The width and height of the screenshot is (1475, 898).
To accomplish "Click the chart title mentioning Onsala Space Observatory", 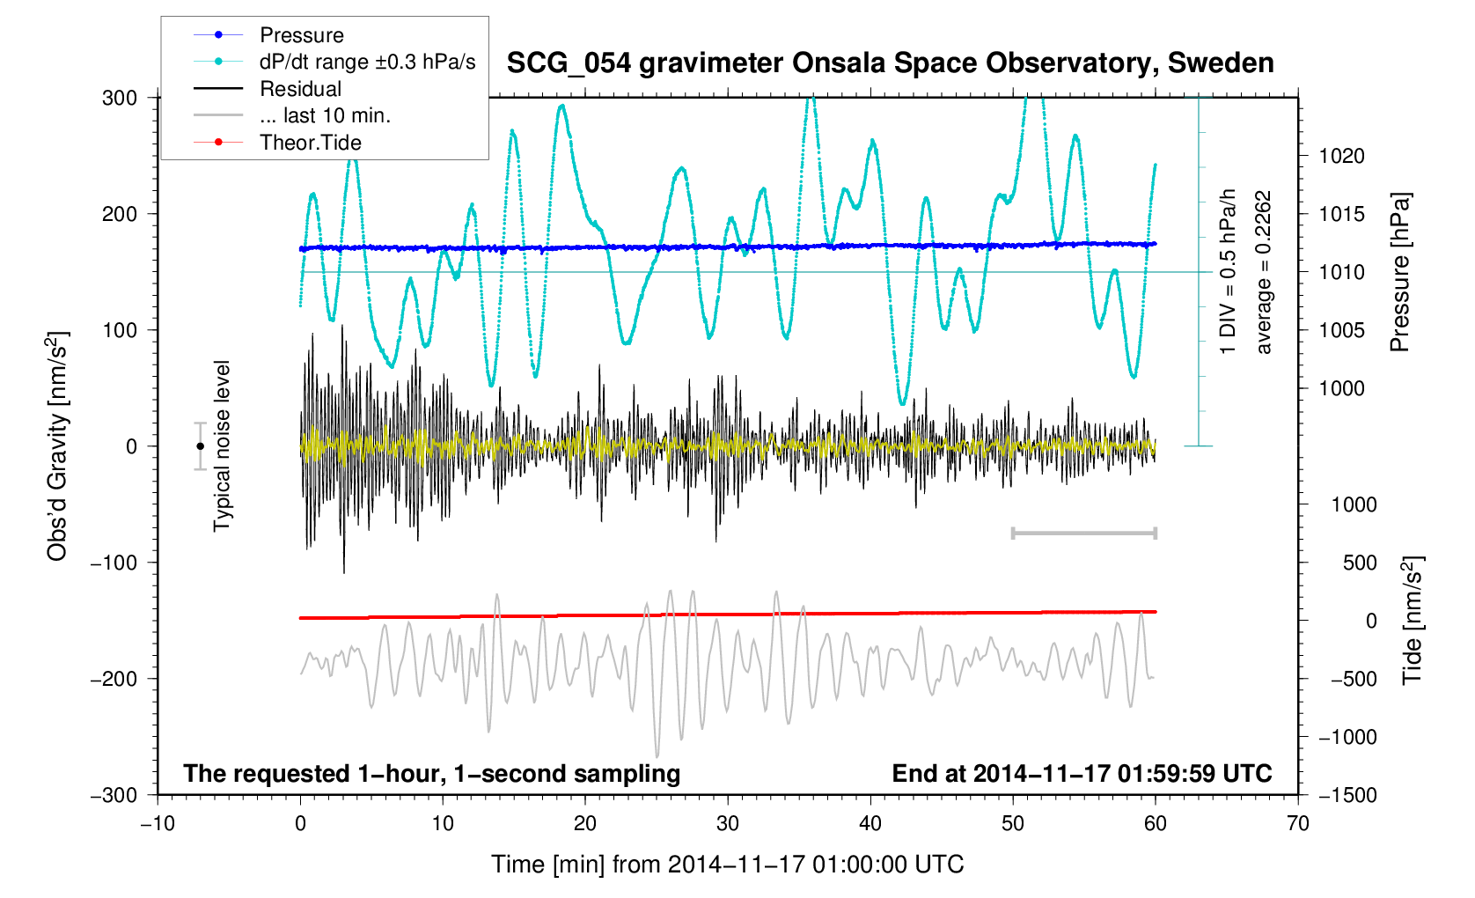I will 890,63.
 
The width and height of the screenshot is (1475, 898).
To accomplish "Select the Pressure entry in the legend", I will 301,35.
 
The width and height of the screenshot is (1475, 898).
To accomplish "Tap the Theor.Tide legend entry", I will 310,143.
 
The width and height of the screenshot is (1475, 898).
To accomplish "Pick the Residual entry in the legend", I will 300,89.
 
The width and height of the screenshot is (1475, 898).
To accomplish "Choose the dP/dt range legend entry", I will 367,62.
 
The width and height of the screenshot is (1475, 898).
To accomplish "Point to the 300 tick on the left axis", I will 120,98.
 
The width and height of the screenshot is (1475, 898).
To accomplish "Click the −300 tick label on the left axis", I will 114,795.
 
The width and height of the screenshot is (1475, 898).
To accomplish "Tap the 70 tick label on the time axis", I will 1297,824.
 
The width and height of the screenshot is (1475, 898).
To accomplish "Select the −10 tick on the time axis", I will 158,824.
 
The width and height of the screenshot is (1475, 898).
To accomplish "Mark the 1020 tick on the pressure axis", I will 1341,157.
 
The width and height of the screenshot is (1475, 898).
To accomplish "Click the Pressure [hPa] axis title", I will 1399,272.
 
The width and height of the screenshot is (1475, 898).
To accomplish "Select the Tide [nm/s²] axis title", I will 1413,620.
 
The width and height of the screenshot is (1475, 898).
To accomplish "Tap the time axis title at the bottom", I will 727,865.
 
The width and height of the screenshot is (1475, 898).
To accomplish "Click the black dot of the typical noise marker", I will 200,446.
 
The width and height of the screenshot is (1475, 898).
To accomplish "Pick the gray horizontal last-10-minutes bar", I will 1083,533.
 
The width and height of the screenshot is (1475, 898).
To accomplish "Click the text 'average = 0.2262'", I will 1264,272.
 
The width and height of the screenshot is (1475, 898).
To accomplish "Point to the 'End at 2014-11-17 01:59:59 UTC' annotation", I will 1082,774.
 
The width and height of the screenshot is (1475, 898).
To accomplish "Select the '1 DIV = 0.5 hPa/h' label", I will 1228,272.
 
